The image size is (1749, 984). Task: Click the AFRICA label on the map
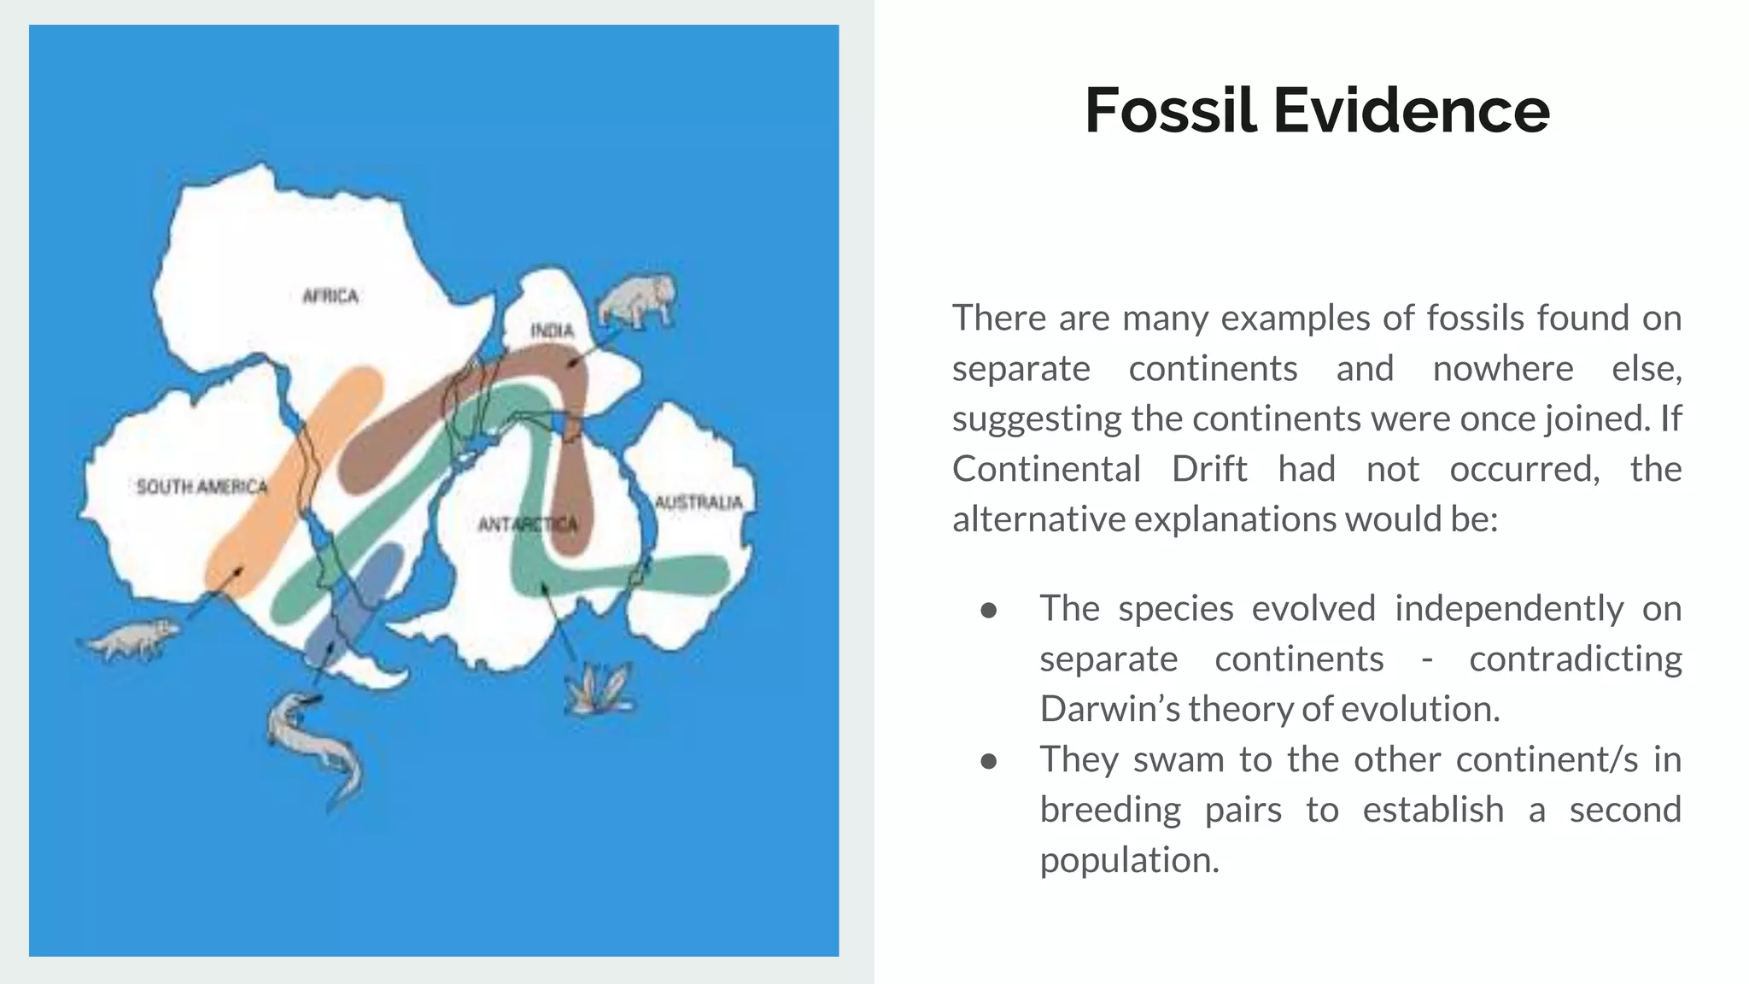(x=330, y=296)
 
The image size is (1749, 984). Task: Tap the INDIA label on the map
(x=552, y=331)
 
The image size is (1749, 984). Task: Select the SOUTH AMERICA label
(x=202, y=487)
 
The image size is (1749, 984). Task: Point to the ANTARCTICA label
(x=527, y=524)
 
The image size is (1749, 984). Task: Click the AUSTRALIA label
(x=698, y=502)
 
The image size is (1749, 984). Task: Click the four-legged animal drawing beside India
(x=637, y=302)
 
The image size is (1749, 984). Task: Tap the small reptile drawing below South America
(x=130, y=640)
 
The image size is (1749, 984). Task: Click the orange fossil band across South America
(x=290, y=487)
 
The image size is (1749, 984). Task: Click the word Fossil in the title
(x=1170, y=111)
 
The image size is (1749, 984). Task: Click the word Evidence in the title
(x=1411, y=111)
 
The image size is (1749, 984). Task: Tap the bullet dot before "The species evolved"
(x=989, y=610)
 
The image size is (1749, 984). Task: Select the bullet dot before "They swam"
(x=989, y=761)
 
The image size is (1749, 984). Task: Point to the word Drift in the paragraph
(x=1208, y=469)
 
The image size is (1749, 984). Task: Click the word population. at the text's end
(x=1129, y=860)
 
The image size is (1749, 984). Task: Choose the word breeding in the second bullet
(x=1110, y=810)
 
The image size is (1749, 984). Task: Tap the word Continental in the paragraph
(x=1046, y=469)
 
